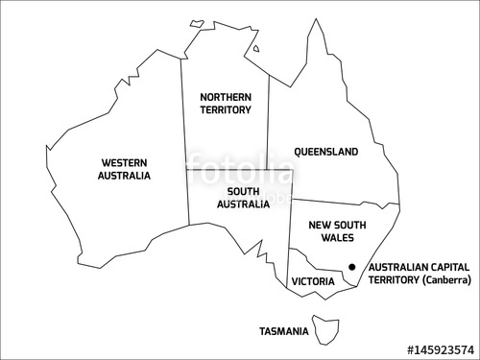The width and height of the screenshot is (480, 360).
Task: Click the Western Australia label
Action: pos(124,169)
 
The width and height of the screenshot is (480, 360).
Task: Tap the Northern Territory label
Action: pos(226,104)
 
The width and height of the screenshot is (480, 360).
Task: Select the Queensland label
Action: pos(326,152)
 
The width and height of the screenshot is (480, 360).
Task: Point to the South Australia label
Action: pos(236,197)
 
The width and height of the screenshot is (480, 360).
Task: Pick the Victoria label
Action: pos(312,282)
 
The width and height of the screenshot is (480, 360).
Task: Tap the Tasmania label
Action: pos(284,332)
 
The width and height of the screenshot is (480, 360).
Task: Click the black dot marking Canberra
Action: pos(352,267)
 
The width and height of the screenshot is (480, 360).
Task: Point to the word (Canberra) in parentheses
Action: pos(442,280)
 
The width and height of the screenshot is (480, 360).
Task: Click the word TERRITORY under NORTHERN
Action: pos(226,110)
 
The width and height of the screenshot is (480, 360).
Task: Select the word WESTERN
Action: pos(124,162)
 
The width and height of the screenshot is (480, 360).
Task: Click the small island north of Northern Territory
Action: pos(198,22)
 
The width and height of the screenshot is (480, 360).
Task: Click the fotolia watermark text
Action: pos(240,173)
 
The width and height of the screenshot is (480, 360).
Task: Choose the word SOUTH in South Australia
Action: pos(236,190)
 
